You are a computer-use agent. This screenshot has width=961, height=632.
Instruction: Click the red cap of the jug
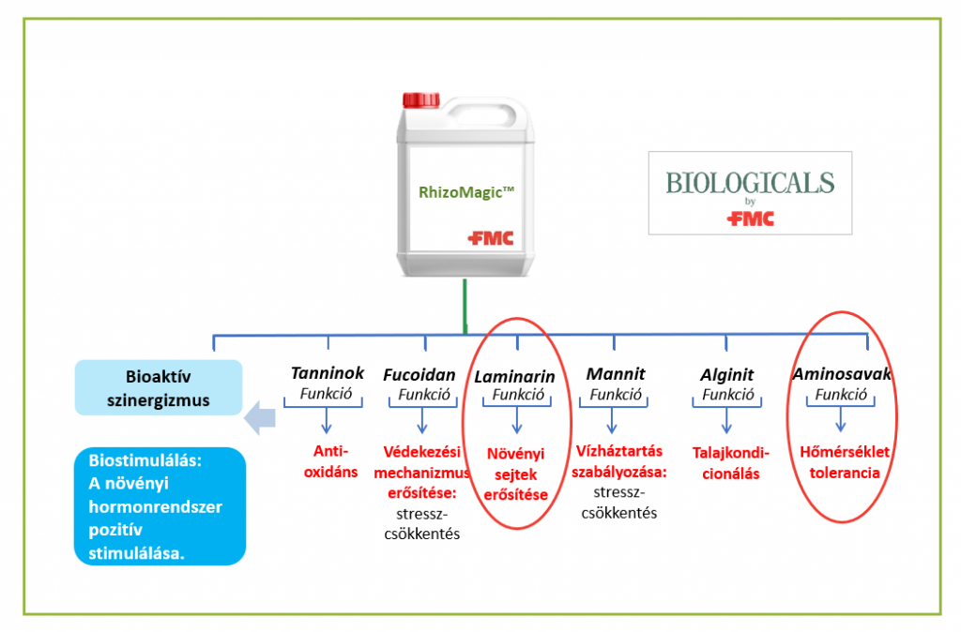click(x=421, y=99)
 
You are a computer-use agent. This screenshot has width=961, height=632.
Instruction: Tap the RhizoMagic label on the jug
click(x=466, y=192)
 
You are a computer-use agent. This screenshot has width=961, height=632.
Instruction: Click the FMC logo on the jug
click(x=490, y=237)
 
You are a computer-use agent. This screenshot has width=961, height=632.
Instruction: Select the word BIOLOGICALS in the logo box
click(x=750, y=183)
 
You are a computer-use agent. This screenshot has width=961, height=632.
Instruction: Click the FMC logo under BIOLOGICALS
click(x=750, y=218)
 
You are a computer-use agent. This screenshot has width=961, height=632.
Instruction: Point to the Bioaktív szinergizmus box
click(x=159, y=387)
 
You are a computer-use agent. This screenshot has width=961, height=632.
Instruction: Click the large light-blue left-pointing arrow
click(x=260, y=418)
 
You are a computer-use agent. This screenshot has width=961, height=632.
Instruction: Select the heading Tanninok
click(x=328, y=373)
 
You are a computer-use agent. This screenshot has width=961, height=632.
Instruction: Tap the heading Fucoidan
click(x=419, y=375)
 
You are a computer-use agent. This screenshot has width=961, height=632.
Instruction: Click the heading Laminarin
click(x=515, y=377)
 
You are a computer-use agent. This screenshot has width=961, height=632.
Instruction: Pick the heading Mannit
click(x=616, y=373)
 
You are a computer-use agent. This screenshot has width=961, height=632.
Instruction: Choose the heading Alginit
click(x=727, y=375)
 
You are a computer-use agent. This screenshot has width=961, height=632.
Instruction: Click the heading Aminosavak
click(x=842, y=374)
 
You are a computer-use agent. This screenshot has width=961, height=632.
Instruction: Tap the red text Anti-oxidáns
click(x=331, y=461)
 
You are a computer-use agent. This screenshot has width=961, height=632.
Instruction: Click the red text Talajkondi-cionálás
click(x=730, y=463)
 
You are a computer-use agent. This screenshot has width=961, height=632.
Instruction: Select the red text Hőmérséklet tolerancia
click(x=845, y=462)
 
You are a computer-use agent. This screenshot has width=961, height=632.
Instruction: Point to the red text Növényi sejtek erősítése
click(x=515, y=474)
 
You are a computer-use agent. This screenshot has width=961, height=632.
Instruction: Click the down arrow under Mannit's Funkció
click(x=612, y=420)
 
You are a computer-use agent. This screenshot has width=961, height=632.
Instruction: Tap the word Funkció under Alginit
click(x=728, y=395)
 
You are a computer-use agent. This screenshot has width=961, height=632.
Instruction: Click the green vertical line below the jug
click(x=465, y=307)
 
